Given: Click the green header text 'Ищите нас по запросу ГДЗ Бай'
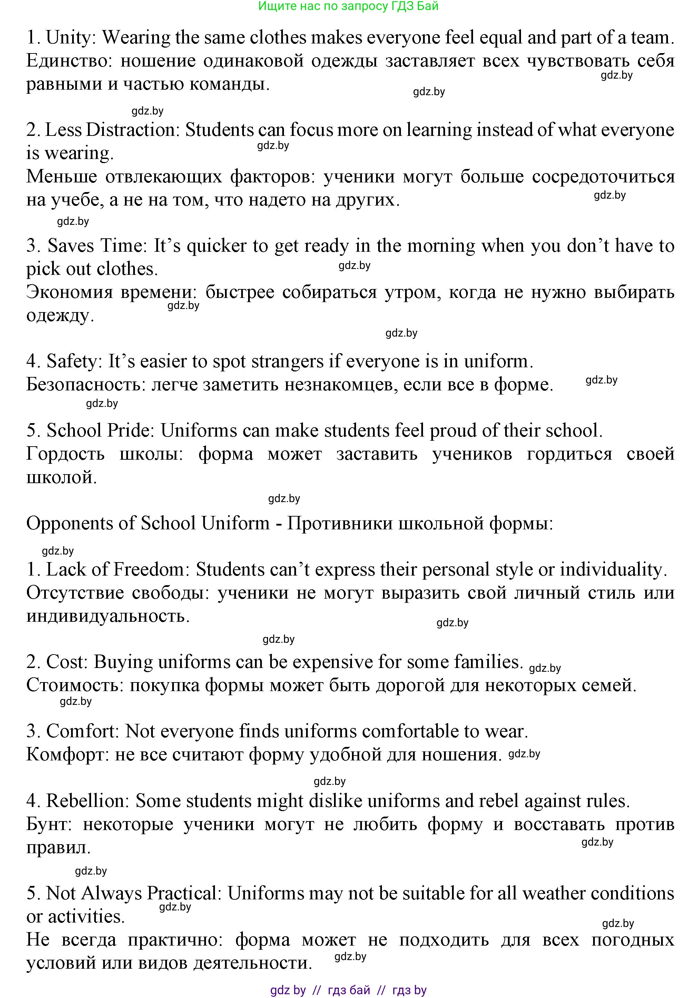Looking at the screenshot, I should click(348, 7).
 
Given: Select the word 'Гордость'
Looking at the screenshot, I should click(65, 454).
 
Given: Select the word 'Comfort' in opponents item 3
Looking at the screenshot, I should click(82, 731).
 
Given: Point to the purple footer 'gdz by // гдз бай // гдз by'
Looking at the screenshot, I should click(348, 990).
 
